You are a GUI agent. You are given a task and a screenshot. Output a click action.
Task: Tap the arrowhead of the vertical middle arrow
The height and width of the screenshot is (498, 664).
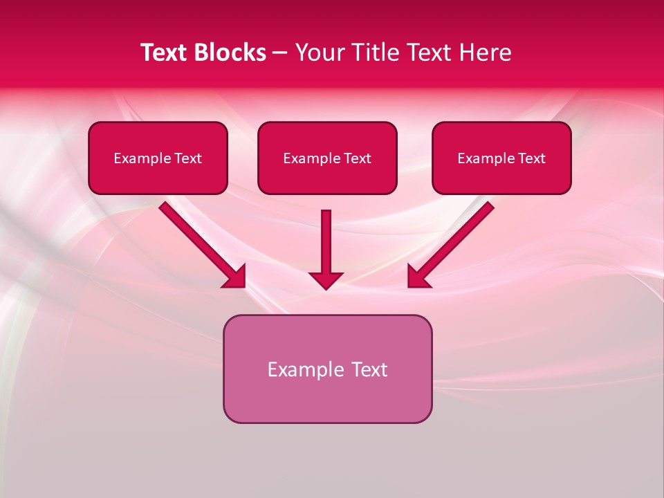pos(326,279)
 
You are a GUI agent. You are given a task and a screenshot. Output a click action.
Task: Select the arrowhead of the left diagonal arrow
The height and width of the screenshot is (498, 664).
pos(235,276)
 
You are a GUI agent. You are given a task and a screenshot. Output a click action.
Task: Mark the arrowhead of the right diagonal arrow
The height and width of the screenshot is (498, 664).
pos(418,276)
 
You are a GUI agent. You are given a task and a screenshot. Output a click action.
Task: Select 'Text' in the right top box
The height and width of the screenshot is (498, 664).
pos(531,158)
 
